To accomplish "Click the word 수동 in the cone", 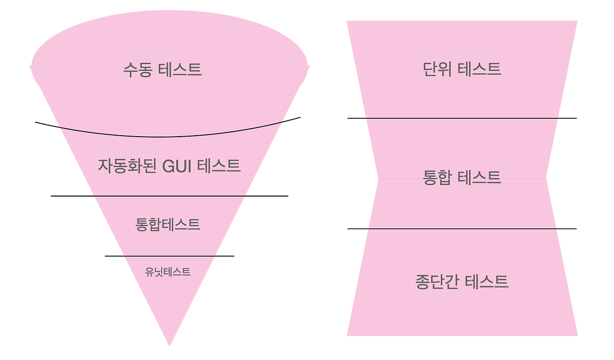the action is pyautogui.click(x=138, y=70).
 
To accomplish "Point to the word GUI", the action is pyautogui.click(x=177, y=166).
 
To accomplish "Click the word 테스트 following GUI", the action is pyautogui.click(x=218, y=166).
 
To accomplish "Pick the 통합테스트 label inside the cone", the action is pyautogui.click(x=167, y=224).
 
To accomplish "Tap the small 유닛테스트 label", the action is pyautogui.click(x=167, y=272).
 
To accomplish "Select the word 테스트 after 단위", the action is pyautogui.click(x=479, y=69).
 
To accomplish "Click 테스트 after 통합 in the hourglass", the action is pyautogui.click(x=479, y=177).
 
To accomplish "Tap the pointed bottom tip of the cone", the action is pyautogui.click(x=169, y=343).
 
